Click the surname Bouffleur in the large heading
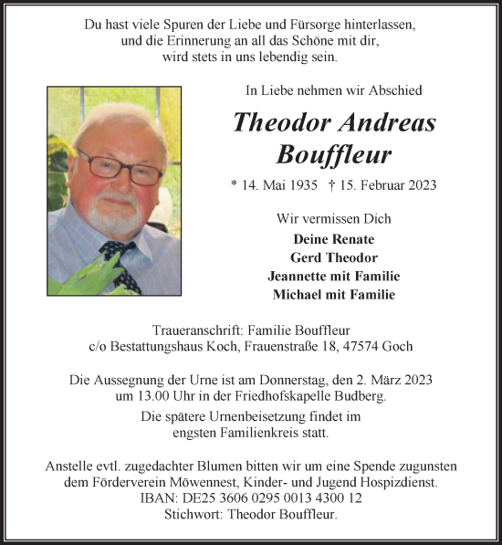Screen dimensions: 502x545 [334, 152]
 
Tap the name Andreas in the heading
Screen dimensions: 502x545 [382, 122]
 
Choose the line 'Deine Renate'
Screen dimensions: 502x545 [333, 238]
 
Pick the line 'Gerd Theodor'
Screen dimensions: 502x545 [333, 257]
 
